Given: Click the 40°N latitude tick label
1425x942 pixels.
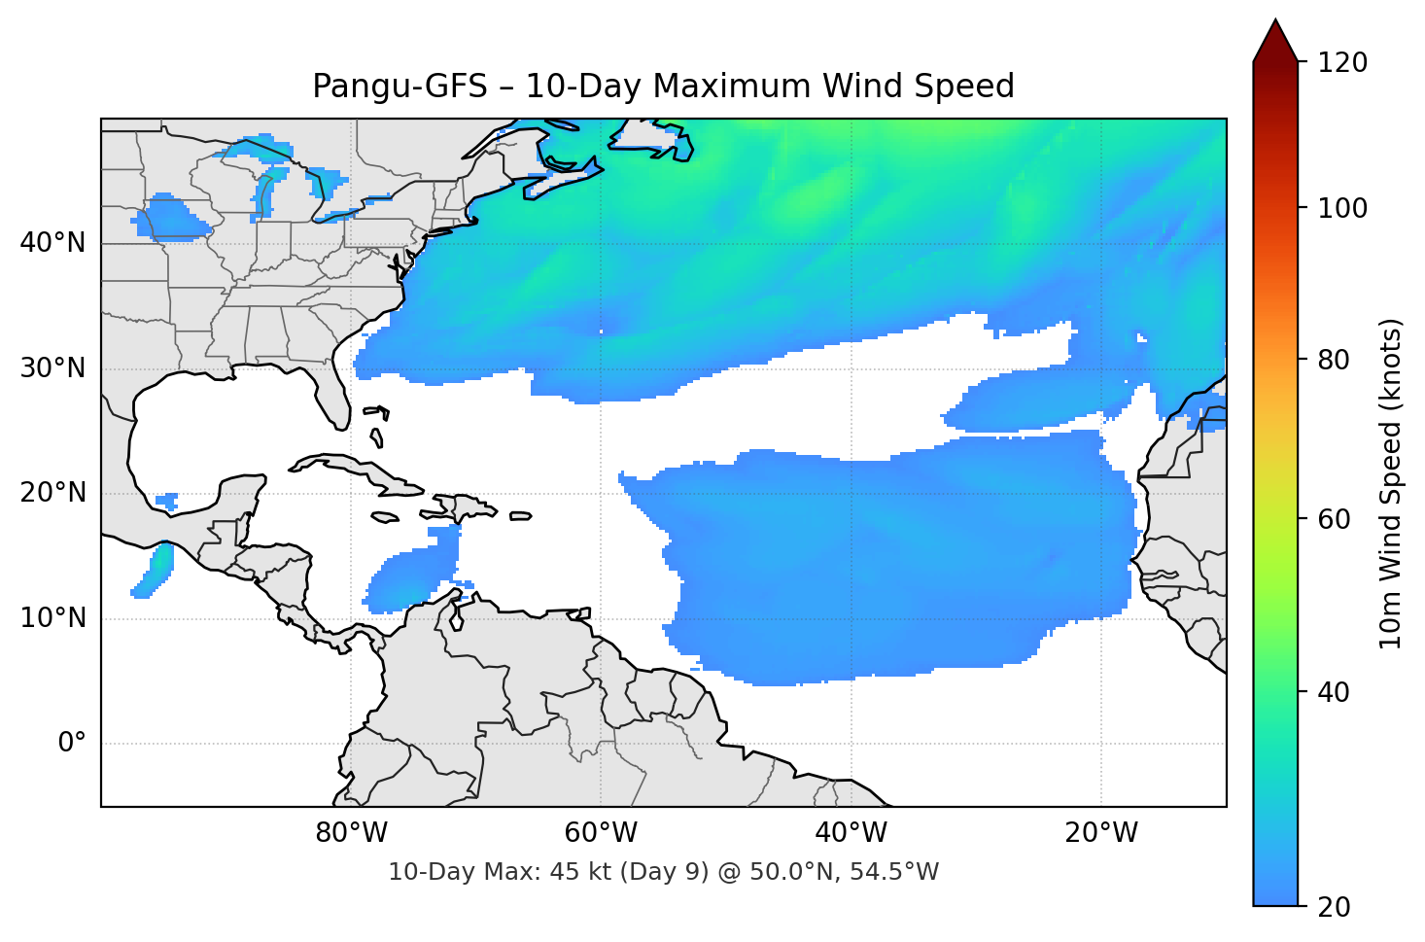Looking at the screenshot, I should click(52, 243).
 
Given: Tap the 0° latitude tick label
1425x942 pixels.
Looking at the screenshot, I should click(71, 744).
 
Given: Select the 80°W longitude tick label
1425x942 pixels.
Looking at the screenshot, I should click(351, 833).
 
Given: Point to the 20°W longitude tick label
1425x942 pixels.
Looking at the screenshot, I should click(1101, 833).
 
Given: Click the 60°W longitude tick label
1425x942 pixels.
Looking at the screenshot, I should click(601, 833).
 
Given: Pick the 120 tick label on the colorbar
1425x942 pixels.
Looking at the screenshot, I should click(1342, 63).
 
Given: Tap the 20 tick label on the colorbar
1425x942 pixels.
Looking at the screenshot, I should click(1334, 907).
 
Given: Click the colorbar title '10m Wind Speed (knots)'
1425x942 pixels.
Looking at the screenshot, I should click(1391, 483).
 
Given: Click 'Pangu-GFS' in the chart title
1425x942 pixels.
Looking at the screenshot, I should click(400, 87).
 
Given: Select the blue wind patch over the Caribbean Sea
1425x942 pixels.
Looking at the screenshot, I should click(413, 578).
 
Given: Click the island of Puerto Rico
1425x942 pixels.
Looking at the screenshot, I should click(521, 516).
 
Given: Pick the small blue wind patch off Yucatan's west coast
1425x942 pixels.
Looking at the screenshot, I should click(167, 501).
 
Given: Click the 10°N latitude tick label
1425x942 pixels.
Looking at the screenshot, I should click(52, 618).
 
